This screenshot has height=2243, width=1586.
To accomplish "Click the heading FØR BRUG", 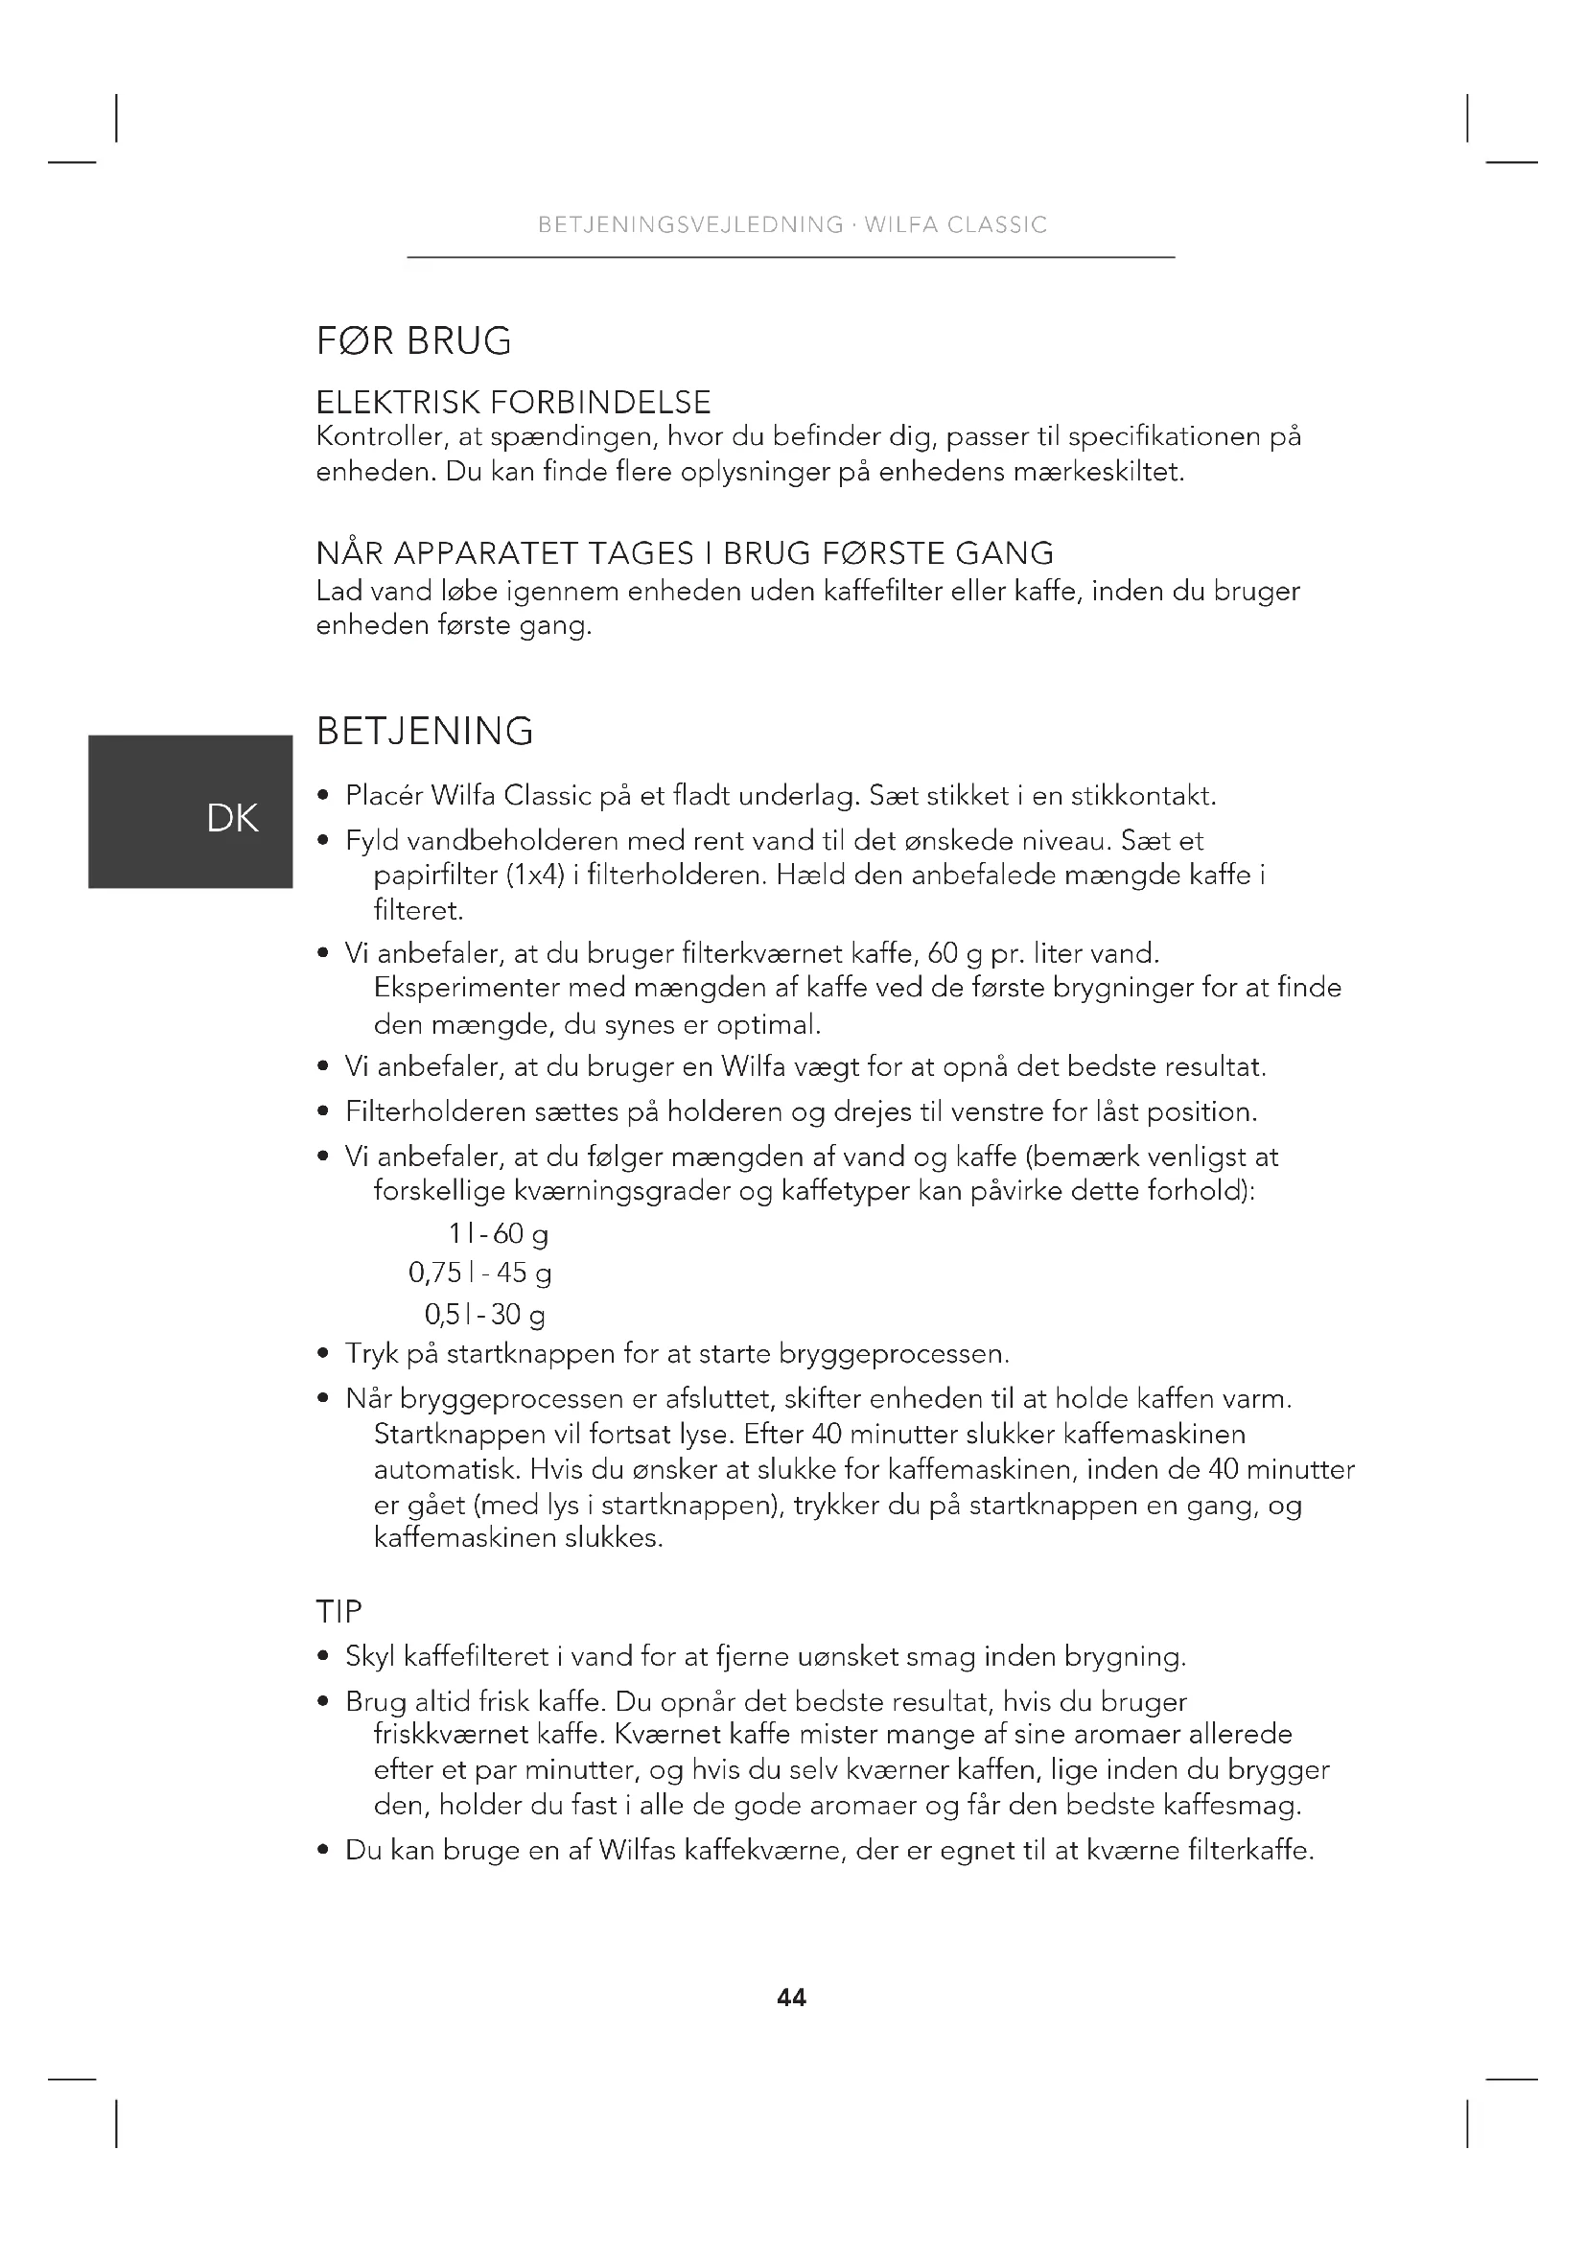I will (x=414, y=341).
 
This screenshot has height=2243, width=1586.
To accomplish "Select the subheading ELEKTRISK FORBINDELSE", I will (x=514, y=403).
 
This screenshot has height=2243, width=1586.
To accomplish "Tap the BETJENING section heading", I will (x=425, y=731).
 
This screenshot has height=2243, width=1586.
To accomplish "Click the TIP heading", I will (x=338, y=1611).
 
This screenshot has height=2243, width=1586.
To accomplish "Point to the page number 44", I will (x=791, y=1998).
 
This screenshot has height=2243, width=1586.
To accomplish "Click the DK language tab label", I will (x=232, y=819).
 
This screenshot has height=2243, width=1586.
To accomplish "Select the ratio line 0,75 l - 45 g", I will (x=479, y=1273).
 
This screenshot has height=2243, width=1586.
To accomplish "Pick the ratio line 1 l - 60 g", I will (x=498, y=1234).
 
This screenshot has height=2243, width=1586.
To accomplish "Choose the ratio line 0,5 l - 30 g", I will (x=484, y=1314).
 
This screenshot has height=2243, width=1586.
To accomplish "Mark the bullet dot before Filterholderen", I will (x=323, y=1112).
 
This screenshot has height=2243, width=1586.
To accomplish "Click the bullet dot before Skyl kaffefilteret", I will (x=323, y=1657).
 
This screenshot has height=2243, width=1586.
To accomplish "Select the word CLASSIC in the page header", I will (x=997, y=225).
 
